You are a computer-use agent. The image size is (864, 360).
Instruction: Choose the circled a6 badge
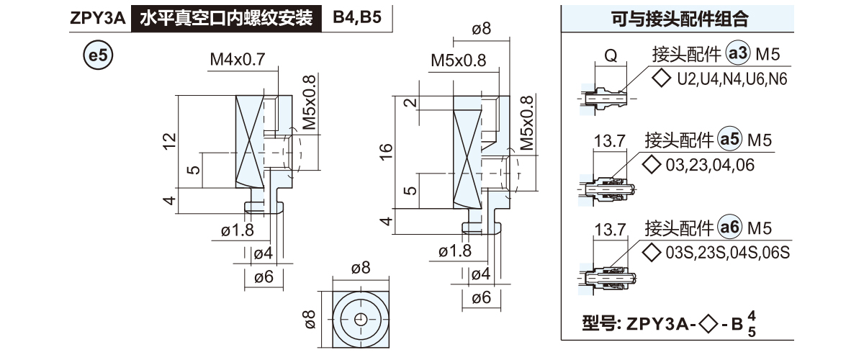pos(731,229)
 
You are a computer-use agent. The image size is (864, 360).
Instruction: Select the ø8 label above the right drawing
pos(481,29)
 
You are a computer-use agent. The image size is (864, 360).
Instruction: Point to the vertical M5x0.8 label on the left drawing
pos(310,102)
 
